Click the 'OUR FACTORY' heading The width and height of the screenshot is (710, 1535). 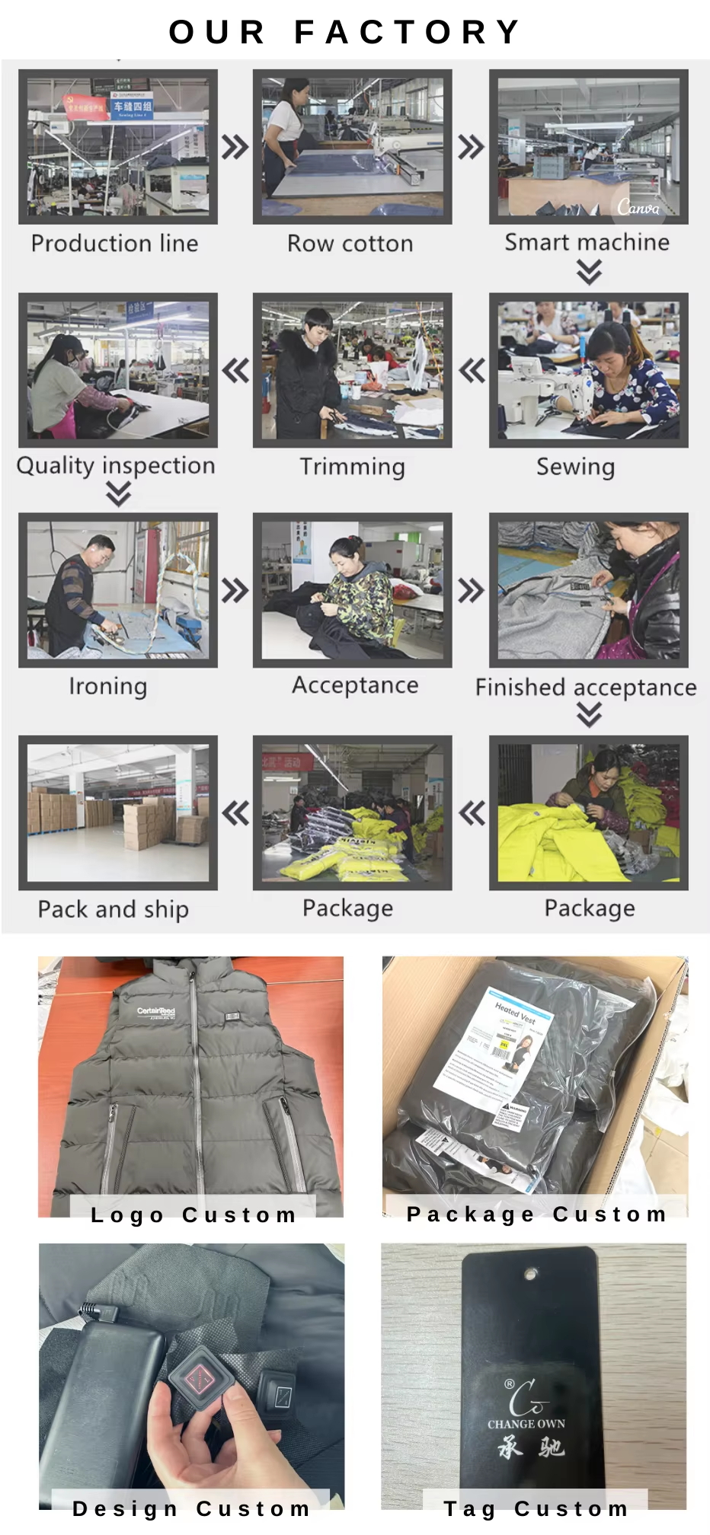pyautogui.click(x=345, y=32)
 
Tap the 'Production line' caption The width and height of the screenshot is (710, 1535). pyautogui.click(x=114, y=244)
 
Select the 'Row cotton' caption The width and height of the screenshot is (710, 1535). pyautogui.click(x=350, y=244)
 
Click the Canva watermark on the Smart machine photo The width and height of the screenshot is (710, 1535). pyautogui.click(x=638, y=206)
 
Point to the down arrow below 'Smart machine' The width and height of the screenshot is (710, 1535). pyautogui.click(x=589, y=271)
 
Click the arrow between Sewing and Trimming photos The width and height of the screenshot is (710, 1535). pyautogui.click(x=472, y=371)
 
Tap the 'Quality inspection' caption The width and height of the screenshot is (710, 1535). pyautogui.click(x=116, y=465)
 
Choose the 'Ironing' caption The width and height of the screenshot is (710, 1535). pyautogui.click(x=107, y=686)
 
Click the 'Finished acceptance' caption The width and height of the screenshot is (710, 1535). pyautogui.click(x=585, y=688)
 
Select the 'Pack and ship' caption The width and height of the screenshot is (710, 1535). pyautogui.click(x=113, y=909)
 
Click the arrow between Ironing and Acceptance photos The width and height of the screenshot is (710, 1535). pyautogui.click(x=235, y=591)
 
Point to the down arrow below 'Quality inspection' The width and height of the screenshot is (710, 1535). pyautogui.click(x=118, y=495)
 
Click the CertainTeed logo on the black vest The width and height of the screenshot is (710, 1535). pyautogui.click(x=156, y=1012)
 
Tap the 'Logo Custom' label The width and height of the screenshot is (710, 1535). pyautogui.click(x=193, y=1214)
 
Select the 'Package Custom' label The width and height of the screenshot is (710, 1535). pyautogui.click(x=536, y=1214)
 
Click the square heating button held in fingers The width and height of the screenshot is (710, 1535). pyautogui.click(x=200, y=1379)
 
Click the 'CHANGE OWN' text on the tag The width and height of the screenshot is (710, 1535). pyautogui.click(x=526, y=1424)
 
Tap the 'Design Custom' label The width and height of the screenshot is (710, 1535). pyautogui.click(x=190, y=1508)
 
